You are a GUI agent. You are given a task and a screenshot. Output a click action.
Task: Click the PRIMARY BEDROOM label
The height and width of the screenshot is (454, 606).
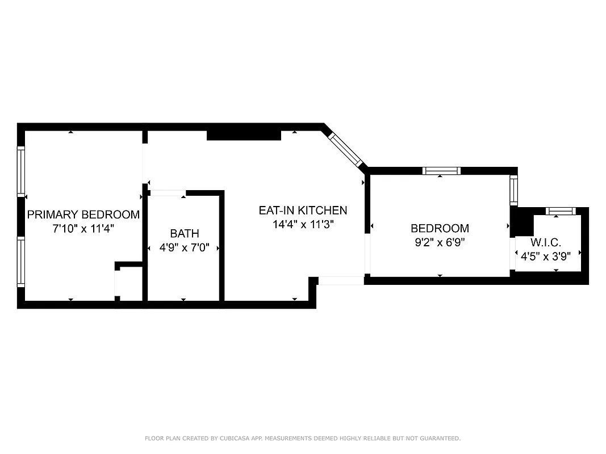coord(83,215)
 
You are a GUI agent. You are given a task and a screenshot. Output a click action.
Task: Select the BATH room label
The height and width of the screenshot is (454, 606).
coord(185,233)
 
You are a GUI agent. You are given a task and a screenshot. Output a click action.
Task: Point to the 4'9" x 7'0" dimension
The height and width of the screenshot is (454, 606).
coord(185,247)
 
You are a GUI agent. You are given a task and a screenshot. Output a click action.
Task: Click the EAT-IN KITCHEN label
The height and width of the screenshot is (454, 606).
coord(303,210)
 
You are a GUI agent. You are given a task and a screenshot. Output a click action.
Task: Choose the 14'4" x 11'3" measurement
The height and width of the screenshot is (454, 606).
coord(303,224)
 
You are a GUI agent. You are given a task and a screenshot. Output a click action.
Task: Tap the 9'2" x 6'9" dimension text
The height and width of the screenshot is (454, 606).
coord(440,242)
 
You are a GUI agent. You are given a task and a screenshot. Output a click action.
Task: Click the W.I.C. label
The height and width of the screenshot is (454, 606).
coord(546,242)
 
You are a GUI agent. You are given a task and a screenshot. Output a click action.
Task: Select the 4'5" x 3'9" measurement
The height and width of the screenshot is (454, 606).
coord(546,256)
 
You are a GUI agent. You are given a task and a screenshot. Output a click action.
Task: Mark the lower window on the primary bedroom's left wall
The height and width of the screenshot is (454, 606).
coord(21,262)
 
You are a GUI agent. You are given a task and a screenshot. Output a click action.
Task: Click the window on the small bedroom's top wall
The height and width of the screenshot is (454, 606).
coord(441,170)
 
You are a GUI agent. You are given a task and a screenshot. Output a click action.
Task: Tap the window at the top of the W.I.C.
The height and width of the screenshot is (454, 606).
coord(561,211)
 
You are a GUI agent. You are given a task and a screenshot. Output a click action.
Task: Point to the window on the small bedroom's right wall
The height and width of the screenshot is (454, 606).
coord(513,190)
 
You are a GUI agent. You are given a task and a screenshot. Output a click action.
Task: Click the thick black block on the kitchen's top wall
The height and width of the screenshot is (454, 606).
coord(244,134)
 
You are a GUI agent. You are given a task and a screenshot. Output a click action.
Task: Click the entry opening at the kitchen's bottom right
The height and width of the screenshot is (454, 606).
coord(340,280)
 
